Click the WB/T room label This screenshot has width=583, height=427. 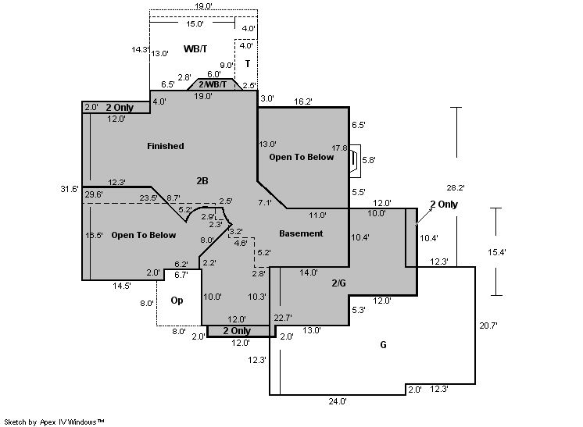(195, 48)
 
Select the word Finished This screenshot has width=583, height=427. (166, 146)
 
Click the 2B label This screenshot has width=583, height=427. (202, 181)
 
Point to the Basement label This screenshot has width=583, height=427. (301, 233)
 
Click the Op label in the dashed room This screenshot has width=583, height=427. (177, 300)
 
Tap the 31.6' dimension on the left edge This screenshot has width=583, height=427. (70, 189)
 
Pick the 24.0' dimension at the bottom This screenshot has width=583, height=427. (338, 401)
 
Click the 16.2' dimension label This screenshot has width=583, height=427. (303, 101)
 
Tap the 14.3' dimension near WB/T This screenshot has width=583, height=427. (140, 49)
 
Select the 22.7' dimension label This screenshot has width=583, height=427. (282, 317)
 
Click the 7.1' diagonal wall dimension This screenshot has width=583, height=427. (264, 203)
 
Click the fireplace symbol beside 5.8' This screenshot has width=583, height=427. (355, 159)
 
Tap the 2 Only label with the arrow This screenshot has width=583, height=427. (443, 204)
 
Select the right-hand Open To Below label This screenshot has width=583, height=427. (302, 157)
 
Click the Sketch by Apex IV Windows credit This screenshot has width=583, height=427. (55, 422)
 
